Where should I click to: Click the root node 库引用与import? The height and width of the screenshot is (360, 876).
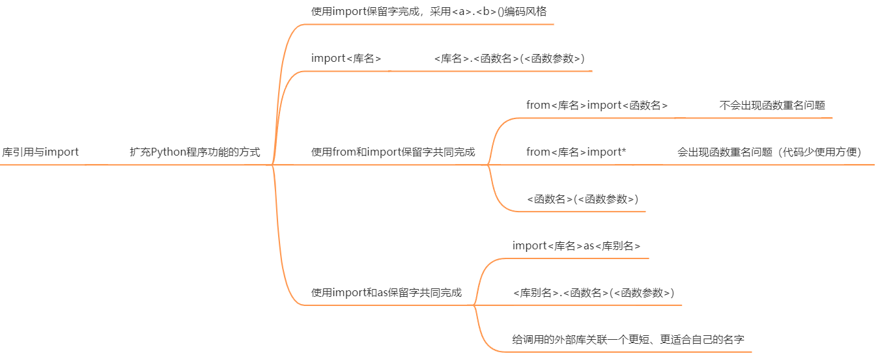pyautogui.click(x=40, y=152)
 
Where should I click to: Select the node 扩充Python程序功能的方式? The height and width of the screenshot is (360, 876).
pyautogui.click(x=195, y=152)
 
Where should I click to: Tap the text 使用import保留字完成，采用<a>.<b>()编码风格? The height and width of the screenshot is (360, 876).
pyautogui.click(x=433, y=12)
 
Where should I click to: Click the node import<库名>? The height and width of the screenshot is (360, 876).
pyautogui.click(x=346, y=59)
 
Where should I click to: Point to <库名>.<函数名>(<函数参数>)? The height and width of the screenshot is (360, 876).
pyautogui.click(x=509, y=59)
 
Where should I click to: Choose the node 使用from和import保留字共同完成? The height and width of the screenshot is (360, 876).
pyautogui.click(x=393, y=152)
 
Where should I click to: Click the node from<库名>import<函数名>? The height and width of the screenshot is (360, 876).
pyautogui.click(x=597, y=105)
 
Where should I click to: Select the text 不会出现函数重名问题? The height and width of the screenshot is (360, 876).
pyautogui.click(x=772, y=105)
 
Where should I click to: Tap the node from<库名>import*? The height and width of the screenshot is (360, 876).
pyautogui.click(x=576, y=152)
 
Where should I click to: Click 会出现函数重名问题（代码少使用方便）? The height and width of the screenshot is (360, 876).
pyautogui.click(x=769, y=152)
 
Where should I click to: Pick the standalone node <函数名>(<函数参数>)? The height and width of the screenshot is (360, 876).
pyautogui.click(x=582, y=199)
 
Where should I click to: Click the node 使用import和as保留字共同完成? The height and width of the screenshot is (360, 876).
pyautogui.click(x=386, y=293)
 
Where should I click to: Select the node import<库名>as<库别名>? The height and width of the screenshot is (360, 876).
pyautogui.click(x=576, y=246)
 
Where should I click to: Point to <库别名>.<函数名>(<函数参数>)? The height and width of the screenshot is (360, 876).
pyautogui.click(x=593, y=293)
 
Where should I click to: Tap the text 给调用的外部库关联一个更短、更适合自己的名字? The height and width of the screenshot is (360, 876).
pyautogui.click(x=629, y=340)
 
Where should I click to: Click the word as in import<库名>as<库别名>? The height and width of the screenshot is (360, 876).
pyautogui.click(x=589, y=246)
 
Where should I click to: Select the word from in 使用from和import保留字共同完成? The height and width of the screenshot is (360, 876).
pyautogui.click(x=343, y=152)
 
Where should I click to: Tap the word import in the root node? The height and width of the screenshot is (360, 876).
pyautogui.click(x=62, y=152)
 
